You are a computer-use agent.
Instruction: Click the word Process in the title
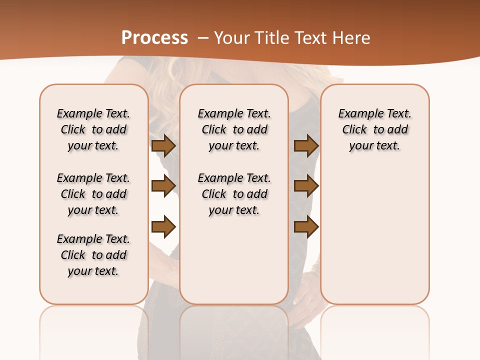154,38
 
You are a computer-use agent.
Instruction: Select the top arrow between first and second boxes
163,145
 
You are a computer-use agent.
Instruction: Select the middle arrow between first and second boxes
163,186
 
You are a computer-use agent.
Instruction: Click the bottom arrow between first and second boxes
163,227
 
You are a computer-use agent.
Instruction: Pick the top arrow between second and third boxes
306,145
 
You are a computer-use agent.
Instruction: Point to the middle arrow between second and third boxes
306,186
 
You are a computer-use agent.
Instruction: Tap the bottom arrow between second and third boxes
306,227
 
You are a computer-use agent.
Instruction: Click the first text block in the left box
93,129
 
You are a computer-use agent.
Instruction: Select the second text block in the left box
93,194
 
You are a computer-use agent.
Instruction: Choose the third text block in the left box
93,255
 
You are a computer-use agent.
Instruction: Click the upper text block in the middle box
234,129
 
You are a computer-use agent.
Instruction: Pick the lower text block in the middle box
234,194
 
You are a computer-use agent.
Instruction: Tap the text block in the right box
374,129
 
